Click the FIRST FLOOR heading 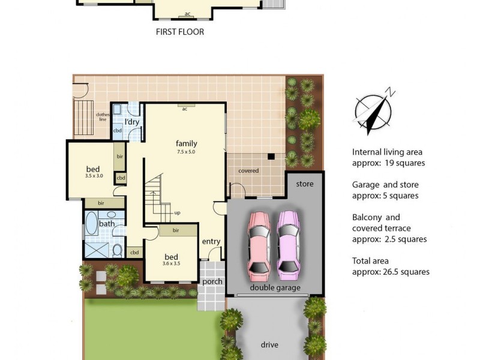pyautogui.click(x=179, y=32)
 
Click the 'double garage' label pyautogui.click(x=275, y=287)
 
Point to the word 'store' pyautogui.click(x=305, y=184)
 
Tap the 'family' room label pyautogui.click(x=186, y=143)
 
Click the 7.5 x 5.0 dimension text pyautogui.click(x=186, y=152)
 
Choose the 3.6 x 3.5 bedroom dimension pyautogui.click(x=171, y=263)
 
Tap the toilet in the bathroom pyautogui.click(x=118, y=250)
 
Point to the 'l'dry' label pyautogui.click(x=132, y=122)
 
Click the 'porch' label pyautogui.click(x=212, y=281)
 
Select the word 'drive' pyautogui.click(x=269, y=345)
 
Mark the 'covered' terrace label pyautogui.click(x=248, y=171)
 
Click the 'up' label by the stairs pyautogui.click(x=177, y=212)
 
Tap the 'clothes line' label pyautogui.click(x=102, y=117)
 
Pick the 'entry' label pyautogui.click(x=211, y=242)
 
